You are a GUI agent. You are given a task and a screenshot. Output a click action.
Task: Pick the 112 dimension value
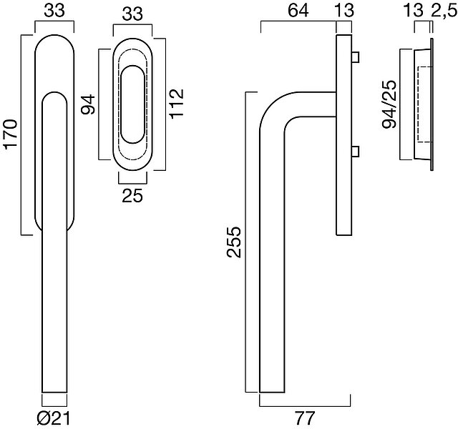coord(177,104)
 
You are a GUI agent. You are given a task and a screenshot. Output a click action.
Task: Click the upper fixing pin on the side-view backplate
coord(356,56)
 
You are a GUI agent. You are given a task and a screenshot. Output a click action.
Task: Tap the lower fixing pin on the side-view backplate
coord(356,150)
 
